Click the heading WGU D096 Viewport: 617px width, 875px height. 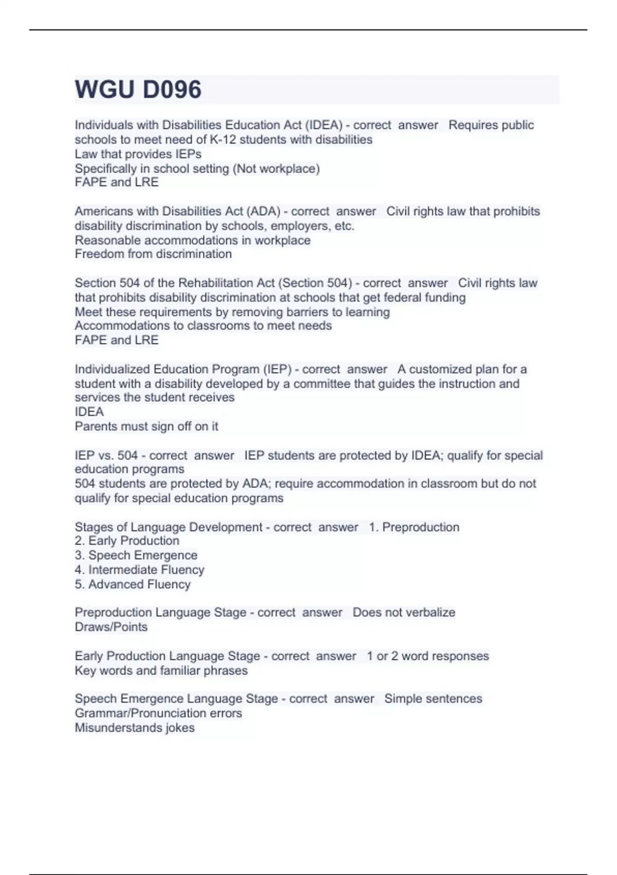tap(138, 90)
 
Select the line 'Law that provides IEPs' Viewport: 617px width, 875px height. tap(138, 154)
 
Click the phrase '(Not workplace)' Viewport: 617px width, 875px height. tap(276, 168)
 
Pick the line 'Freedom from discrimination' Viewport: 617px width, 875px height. tap(153, 254)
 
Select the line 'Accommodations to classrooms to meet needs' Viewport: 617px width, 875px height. tap(203, 325)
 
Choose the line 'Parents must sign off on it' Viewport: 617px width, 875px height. tap(147, 426)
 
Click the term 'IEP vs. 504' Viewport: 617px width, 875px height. tap(106, 455)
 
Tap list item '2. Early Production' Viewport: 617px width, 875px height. tap(127, 540)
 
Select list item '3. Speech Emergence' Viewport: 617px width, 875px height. tap(136, 555)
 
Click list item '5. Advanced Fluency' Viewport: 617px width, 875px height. tap(133, 584)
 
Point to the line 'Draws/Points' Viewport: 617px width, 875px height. tap(111, 627)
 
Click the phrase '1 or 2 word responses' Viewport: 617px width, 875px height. tap(427, 656)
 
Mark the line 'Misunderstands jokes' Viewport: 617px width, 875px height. tap(135, 728)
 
